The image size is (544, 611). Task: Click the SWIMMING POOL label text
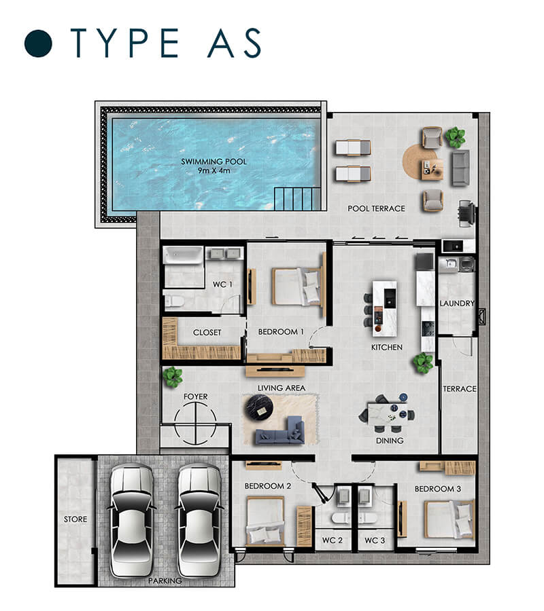coord(214,162)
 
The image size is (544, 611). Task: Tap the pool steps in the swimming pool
coord(298,199)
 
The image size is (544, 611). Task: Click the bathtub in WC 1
coord(183,256)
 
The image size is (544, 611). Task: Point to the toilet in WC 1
coord(175,301)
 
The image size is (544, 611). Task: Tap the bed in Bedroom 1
coord(296,286)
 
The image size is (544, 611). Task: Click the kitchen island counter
coord(384,308)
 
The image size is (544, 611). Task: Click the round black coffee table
coord(258,409)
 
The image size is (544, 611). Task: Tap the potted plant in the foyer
coord(173,376)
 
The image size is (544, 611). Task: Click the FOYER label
coord(196,396)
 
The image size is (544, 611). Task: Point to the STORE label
coord(75,519)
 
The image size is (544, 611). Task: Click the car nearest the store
coord(131,520)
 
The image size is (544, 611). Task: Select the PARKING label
coord(165,580)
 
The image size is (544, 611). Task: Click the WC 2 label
coord(332,540)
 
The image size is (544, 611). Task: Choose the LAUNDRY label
coord(457,303)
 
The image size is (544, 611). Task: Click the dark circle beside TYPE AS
coord(38,43)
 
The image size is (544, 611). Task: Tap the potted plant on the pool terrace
coord(456,137)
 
